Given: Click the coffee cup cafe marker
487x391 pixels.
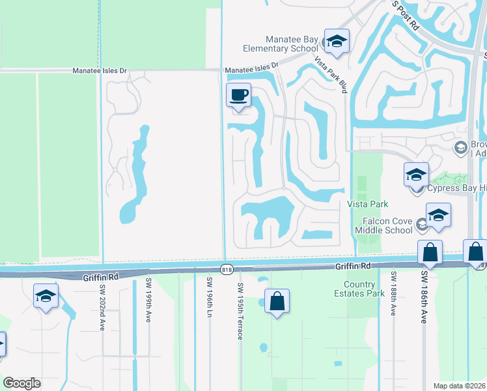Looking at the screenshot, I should point(238,96).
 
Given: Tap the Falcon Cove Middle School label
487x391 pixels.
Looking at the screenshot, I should point(384,225).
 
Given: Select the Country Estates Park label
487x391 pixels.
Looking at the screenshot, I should point(369,289).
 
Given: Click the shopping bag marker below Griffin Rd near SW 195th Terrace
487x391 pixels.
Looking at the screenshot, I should point(277,302).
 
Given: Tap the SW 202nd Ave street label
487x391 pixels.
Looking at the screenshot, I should point(102,307).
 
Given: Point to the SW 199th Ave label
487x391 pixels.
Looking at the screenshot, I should point(148,302).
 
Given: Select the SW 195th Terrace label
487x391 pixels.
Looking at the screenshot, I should point(240,311).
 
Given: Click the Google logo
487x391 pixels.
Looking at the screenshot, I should point(21,383).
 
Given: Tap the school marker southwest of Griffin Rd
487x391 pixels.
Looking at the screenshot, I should point(46,296).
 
